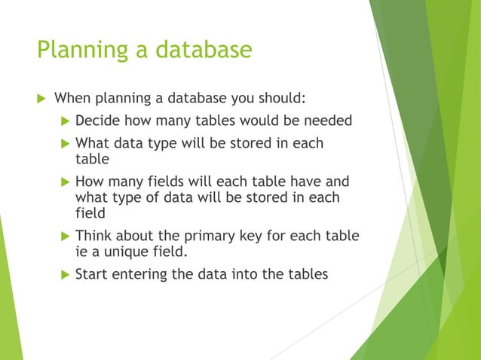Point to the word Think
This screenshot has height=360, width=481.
coord(93,236)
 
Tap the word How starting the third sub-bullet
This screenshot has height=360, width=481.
coord(90,182)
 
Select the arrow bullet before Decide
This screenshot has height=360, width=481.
coord(63,121)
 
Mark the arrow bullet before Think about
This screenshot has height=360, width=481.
coord(63,236)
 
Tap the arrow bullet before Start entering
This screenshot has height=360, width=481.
coord(63,274)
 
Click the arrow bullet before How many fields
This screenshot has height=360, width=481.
coord(63,182)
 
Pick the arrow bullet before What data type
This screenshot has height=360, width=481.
coord(63,143)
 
